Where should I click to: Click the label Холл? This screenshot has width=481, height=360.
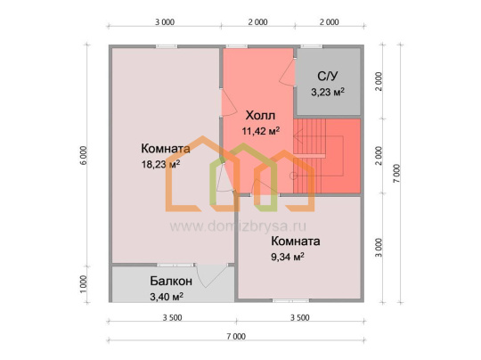pos(260,116)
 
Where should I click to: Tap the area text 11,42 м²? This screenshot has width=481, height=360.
pos(261,131)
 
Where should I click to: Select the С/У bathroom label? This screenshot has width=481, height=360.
pos(327,76)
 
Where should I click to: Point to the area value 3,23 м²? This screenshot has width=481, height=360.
pos(328,92)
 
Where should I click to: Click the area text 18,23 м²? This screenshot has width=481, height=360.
pos(160,164)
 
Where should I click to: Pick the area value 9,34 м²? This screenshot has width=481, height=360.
pos(288,257)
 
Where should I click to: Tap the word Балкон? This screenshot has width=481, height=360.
pos(171,281)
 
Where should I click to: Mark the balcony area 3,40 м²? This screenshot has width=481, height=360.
pos(167,297)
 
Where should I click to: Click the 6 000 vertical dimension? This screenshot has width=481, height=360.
pos(84,156)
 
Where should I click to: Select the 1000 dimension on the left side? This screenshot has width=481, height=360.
pos(84,284)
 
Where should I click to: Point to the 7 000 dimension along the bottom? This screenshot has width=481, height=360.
pos(236,336)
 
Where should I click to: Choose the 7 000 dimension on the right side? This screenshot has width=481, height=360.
pos(396,174)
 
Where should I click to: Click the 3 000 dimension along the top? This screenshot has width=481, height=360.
pos(165,22)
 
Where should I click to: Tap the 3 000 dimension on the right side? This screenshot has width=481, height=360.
pos(379,248)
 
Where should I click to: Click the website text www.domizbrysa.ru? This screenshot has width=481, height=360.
pos(238,226)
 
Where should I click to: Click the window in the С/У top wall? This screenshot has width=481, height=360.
pos(312,46)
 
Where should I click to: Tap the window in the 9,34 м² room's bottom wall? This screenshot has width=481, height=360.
pos(290,301)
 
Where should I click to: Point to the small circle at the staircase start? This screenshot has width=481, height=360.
pos(294,176)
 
